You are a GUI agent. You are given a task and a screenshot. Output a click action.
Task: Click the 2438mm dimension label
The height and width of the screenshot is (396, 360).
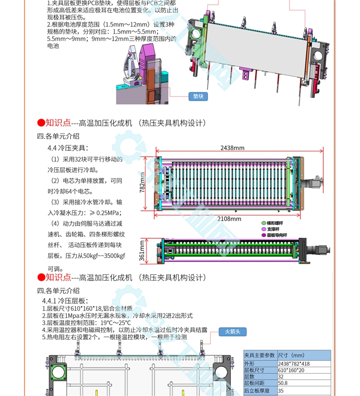pyautogui.click(x=233, y=148)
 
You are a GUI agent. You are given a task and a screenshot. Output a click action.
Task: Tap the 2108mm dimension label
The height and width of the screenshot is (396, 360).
pyautogui.click(x=230, y=219)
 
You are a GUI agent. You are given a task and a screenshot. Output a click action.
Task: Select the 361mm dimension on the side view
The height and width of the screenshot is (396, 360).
pyautogui.click(x=142, y=250)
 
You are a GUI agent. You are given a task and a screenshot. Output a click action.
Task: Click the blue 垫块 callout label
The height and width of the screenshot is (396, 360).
pyautogui.click(x=198, y=96)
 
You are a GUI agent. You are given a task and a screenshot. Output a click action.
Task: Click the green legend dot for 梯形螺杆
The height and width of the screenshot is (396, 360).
pyautogui.click(x=263, y=223)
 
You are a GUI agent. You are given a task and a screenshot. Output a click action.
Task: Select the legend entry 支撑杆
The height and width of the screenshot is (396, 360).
pyautogui.click(x=273, y=229)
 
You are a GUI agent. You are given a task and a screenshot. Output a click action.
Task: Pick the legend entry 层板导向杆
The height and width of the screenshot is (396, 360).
pyautogui.click(x=276, y=235)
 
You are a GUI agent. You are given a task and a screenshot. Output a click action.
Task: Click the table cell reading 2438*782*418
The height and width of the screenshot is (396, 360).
pyautogui.click(x=294, y=364)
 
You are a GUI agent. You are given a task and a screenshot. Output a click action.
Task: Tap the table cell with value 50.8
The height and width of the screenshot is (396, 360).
pyautogui.click(x=284, y=383)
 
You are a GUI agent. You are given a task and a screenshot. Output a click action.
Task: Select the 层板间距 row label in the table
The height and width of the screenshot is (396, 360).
pyautogui.click(x=254, y=383)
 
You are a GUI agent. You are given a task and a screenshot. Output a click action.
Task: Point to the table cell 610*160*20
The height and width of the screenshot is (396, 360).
pyautogui.click(x=291, y=370)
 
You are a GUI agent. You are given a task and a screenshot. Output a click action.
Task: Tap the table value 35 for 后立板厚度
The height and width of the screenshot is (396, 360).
pyautogui.click(x=281, y=390)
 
